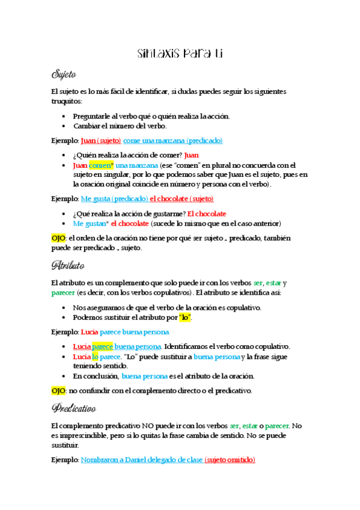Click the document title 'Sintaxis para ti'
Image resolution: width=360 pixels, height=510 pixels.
point(180,54)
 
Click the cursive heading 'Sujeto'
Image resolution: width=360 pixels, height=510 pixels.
point(64,75)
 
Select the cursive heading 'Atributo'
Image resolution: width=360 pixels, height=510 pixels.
point(67,265)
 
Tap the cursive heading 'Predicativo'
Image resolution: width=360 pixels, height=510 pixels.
point(74,408)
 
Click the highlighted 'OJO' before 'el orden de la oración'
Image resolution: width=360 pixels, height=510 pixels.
point(58,239)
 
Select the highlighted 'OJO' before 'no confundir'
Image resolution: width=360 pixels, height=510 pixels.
point(58,390)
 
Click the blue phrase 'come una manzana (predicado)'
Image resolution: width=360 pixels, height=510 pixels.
point(172,141)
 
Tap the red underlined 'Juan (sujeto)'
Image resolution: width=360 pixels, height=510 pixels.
point(100,141)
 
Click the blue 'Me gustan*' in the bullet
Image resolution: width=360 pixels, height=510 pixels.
point(90,223)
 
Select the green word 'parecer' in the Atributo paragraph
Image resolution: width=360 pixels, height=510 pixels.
point(64,293)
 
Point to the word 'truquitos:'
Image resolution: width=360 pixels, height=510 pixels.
point(67,101)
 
